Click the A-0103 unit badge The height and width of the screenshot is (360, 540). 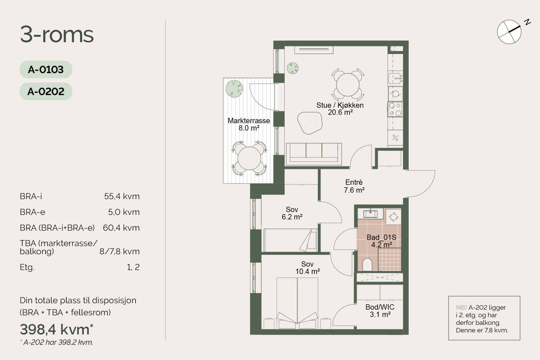tap(46, 70)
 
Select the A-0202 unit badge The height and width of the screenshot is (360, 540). tap(46, 91)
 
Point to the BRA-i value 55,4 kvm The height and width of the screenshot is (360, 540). tap(122, 196)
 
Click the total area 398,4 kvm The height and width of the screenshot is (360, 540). tap(57, 330)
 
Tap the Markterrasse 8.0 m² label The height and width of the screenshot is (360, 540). tap(249, 124)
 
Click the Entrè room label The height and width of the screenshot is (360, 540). tap(354, 182)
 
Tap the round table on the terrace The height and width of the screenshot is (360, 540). tap(249, 158)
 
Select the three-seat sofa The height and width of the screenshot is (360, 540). tap(314, 154)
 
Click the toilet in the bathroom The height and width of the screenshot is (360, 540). tap(367, 264)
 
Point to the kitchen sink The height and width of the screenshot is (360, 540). tap(396, 78)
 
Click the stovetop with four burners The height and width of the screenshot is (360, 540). tap(395, 109)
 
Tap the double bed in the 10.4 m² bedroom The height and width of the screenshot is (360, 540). tap(297, 303)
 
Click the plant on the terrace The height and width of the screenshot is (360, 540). tap(234, 88)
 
